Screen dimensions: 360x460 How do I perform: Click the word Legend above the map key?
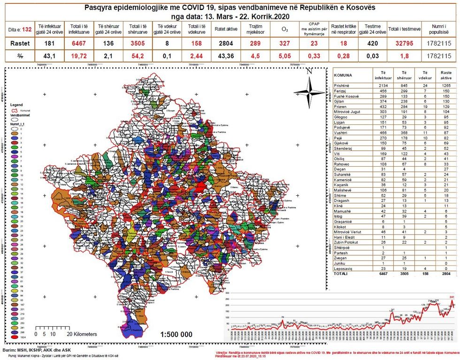point(16,105)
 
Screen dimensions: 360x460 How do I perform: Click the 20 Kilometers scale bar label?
point(82,334)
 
